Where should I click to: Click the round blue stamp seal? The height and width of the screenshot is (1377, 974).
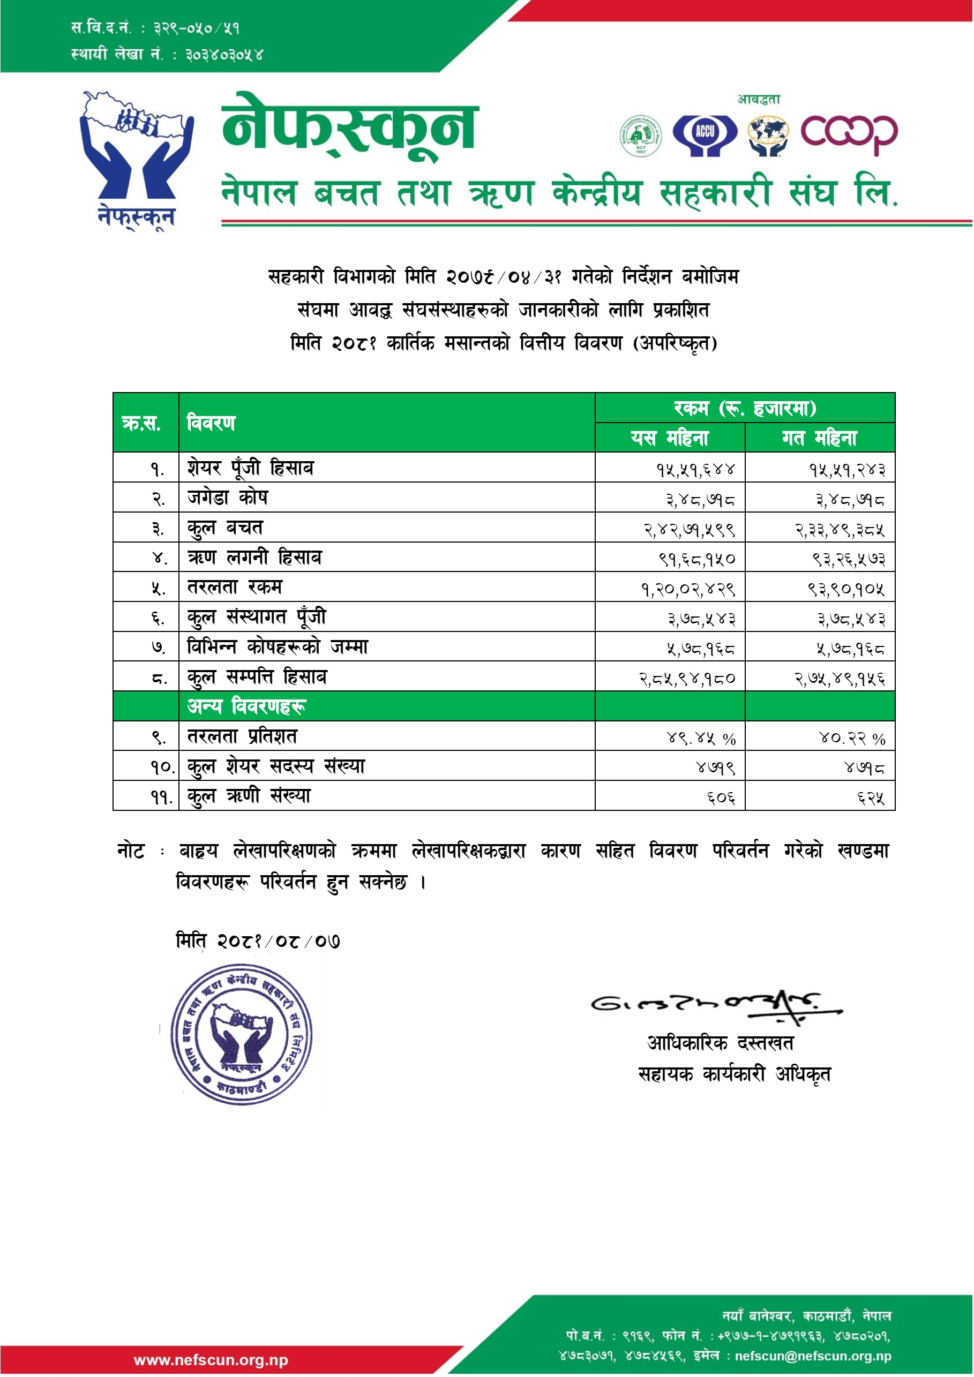241,1035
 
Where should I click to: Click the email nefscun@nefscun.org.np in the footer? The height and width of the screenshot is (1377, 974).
813,1356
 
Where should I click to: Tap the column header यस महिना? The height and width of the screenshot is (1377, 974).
669,438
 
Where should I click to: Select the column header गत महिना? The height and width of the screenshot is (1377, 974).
819,438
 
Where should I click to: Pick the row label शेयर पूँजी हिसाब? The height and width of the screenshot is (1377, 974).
250,468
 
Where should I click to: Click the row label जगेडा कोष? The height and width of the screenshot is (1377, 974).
227,498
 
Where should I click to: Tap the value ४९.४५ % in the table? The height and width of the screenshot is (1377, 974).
701,738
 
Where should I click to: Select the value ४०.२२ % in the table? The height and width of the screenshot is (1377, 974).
852,738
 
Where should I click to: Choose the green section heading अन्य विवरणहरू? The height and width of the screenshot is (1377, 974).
246,706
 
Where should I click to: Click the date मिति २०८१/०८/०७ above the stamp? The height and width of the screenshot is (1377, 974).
258,940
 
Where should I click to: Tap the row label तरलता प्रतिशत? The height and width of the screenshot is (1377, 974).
242,736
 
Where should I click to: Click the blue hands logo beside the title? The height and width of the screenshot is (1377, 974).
137,159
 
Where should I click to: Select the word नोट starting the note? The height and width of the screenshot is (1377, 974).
131,851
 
